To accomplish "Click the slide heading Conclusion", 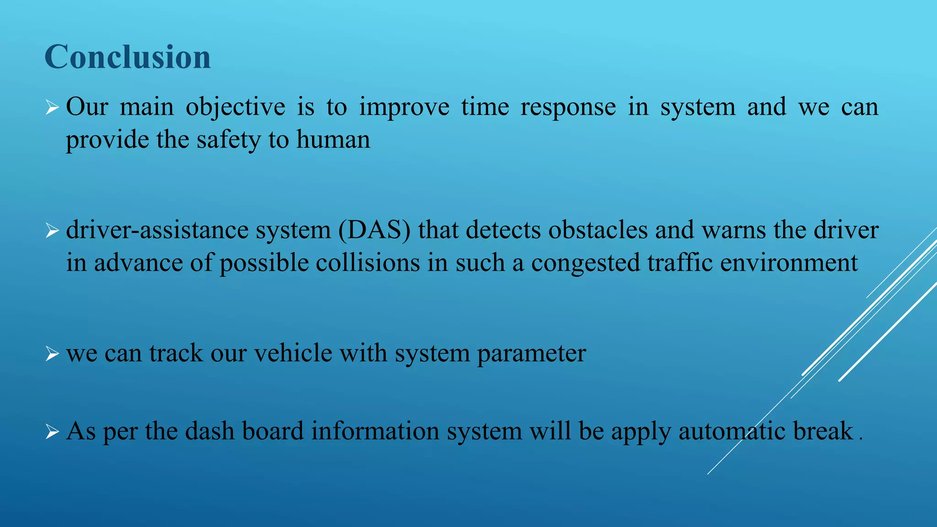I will (128, 57).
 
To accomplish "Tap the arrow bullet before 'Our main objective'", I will (52, 108).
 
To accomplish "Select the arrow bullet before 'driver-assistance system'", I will (52, 231).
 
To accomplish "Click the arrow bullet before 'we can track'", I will (52, 354).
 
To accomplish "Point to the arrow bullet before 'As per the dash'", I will (52, 432).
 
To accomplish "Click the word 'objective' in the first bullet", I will (235, 108).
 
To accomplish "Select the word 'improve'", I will (404, 108).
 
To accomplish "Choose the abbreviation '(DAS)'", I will (374, 230).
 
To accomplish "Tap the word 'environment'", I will (789, 263).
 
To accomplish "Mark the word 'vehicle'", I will (293, 353).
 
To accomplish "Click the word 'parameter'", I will (531, 354).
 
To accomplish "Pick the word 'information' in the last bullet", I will (375, 431).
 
